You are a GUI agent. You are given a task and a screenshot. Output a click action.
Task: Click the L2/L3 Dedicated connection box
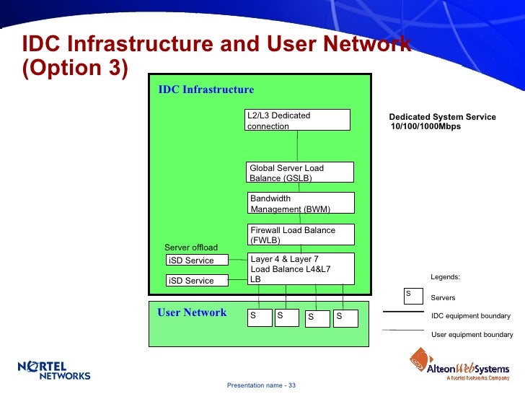(x=297, y=120)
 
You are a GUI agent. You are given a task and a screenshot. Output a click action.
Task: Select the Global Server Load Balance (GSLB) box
(x=300, y=172)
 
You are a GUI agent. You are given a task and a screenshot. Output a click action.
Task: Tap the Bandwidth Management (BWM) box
(x=301, y=203)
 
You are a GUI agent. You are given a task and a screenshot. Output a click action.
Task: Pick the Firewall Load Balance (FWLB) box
(x=301, y=235)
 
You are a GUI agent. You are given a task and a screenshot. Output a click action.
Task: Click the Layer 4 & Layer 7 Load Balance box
(x=301, y=268)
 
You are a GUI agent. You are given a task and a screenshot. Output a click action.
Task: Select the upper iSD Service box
(x=197, y=260)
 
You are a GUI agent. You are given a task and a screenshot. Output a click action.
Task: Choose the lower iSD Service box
(x=197, y=280)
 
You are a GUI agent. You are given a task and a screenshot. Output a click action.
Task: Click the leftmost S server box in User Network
(x=259, y=318)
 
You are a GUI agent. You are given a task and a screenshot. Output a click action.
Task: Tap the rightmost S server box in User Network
(x=345, y=318)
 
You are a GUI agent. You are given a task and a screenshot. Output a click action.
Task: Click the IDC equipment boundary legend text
(x=470, y=316)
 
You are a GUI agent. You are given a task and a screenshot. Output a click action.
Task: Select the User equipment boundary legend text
(x=472, y=335)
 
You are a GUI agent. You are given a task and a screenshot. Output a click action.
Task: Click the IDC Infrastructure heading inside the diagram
(x=206, y=89)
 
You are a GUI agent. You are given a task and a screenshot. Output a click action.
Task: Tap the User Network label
(x=192, y=312)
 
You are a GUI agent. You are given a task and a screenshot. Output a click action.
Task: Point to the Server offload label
(x=191, y=248)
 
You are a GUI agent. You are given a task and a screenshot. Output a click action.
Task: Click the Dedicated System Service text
(x=442, y=117)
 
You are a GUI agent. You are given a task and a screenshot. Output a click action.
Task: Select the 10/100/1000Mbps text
(x=425, y=127)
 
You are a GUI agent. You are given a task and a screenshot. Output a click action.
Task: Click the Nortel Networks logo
(x=54, y=369)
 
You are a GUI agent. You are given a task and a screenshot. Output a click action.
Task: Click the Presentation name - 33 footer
(x=261, y=385)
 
